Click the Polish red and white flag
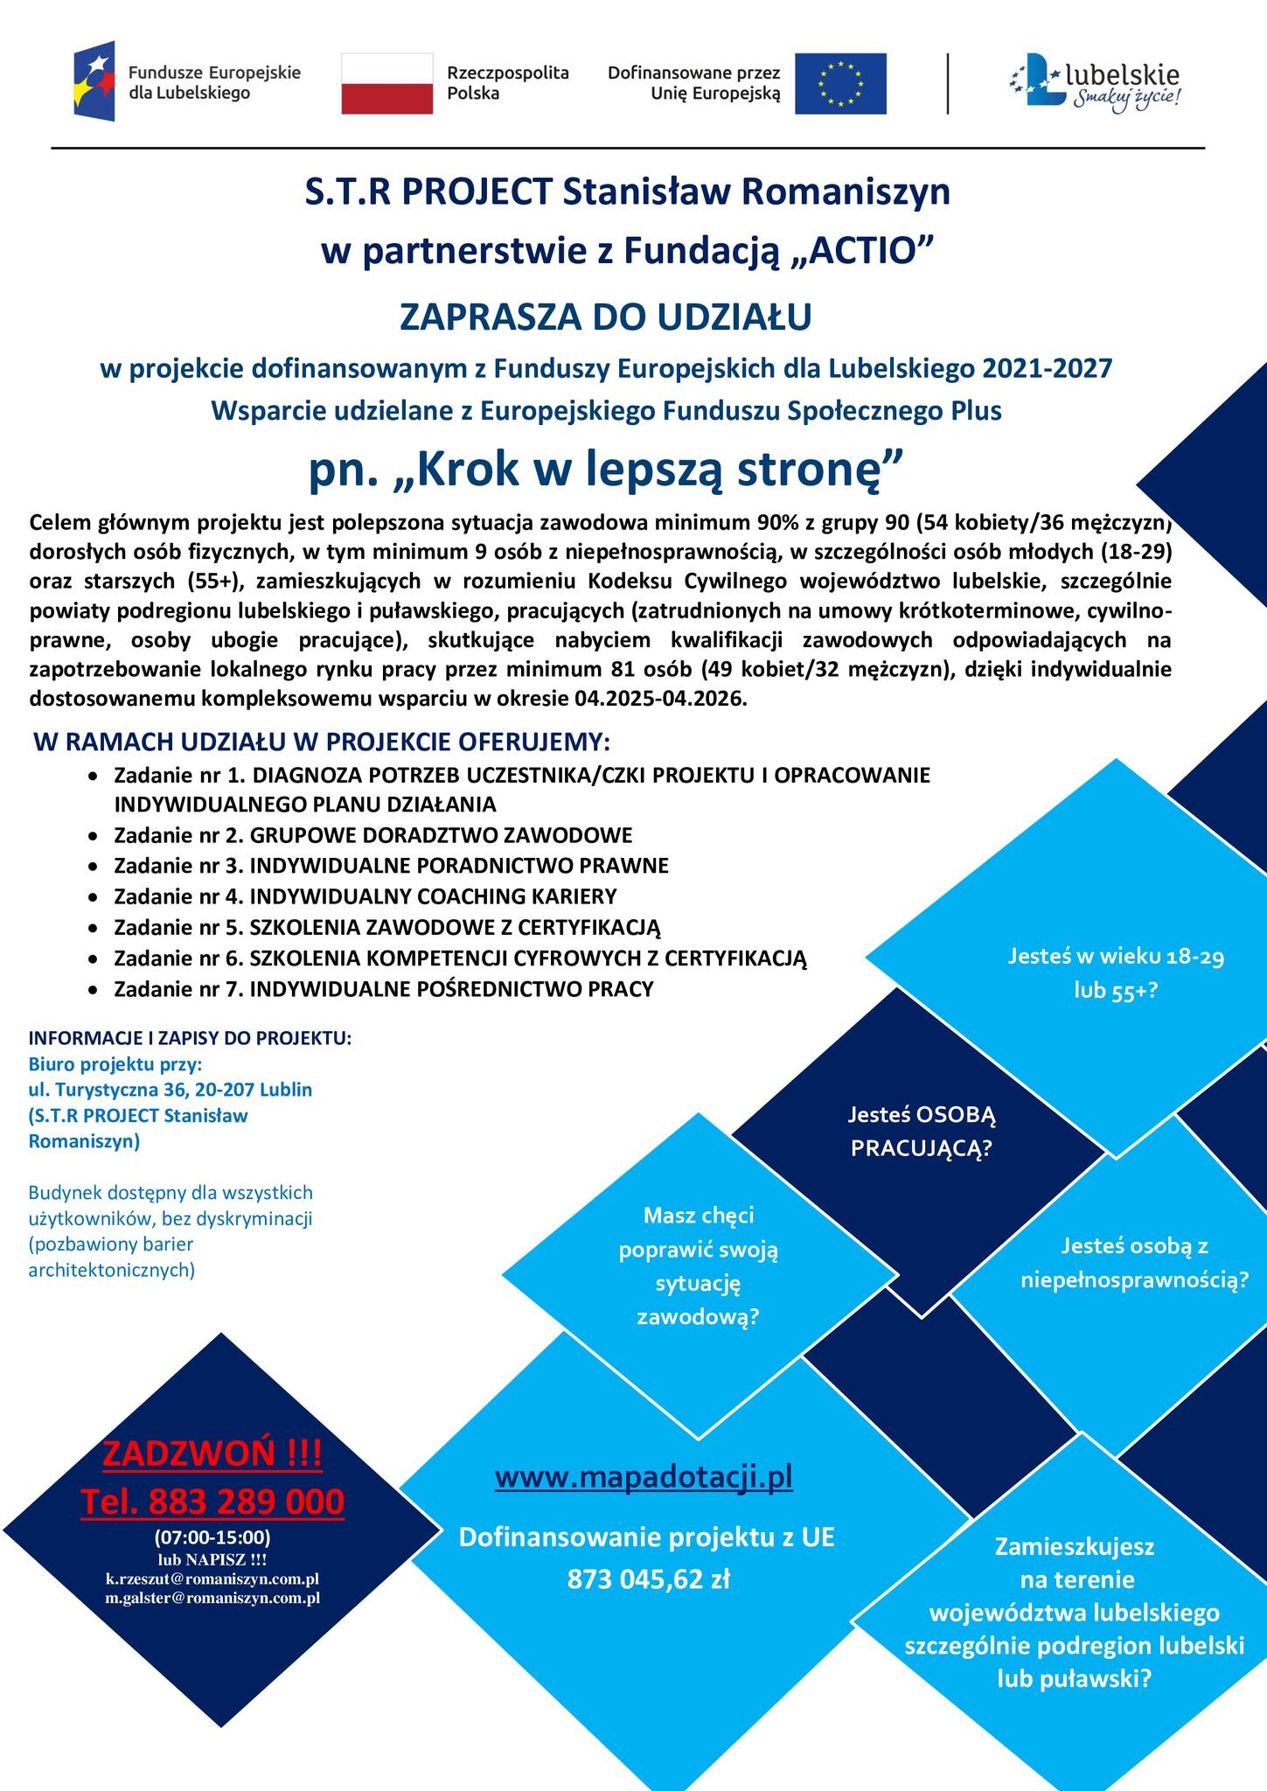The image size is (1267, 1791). pyautogui.click(x=386, y=83)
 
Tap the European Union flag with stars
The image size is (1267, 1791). pyautogui.click(x=839, y=83)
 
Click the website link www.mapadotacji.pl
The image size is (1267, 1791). pyautogui.click(x=644, y=1477)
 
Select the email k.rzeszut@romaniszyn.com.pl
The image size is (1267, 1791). pyautogui.click(x=212, y=1578)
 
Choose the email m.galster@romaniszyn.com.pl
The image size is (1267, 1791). pyautogui.click(x=212, y=1598)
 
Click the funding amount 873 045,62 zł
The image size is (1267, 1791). pyautogui.click(x=648, y=1578)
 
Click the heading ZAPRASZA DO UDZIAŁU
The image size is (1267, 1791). pyautogui.click(x=605, y=317)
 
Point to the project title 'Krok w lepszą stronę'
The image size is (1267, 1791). pyautogui.click(x=605, y=469)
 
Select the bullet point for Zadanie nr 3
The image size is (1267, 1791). pyautogui.click(x=93, y=866)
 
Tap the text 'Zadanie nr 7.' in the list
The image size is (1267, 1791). pyautogui.click(x=179, y=989)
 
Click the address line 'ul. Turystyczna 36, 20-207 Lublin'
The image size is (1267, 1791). pyautogui.click(x=170, y=1090)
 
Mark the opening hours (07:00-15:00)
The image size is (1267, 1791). pyautogui.click(x=212, y=1537)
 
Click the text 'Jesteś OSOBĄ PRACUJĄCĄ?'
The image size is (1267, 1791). pyautogui.click(x=922, y=1131)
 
